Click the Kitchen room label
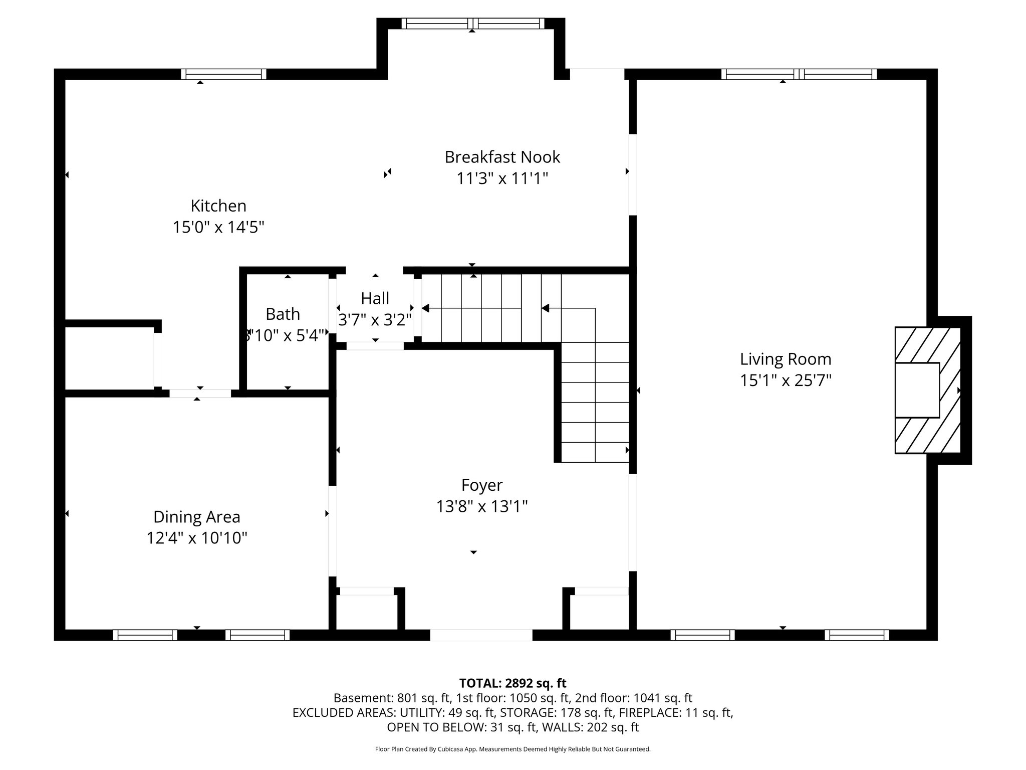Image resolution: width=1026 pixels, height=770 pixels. tap(218, 206)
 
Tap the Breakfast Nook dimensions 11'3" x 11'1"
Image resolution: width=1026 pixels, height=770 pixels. tap(502, 178)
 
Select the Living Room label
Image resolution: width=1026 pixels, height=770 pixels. tap(785, 359)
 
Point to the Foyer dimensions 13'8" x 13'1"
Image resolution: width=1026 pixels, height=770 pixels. tap(482, 507)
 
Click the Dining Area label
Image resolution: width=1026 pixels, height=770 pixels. tap(196, 517)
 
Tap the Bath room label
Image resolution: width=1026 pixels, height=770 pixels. tap(283, 314)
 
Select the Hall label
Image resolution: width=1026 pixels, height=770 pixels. tap(375, 299)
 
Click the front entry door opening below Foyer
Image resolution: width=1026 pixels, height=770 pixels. tap(481, 635)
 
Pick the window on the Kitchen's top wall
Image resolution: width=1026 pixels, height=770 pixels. tap(223, 74)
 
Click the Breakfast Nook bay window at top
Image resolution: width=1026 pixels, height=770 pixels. tap(472, 24)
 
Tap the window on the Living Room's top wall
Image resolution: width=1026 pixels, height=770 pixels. tap(799, 74)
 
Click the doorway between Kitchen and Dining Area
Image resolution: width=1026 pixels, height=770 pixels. tap(200, 393)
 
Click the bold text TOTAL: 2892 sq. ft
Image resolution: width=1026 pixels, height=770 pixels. tap(512, 683)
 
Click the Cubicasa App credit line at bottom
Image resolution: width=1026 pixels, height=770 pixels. tap(512, 749)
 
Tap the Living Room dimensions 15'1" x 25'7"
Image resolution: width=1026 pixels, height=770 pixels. tap(786, 380)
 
